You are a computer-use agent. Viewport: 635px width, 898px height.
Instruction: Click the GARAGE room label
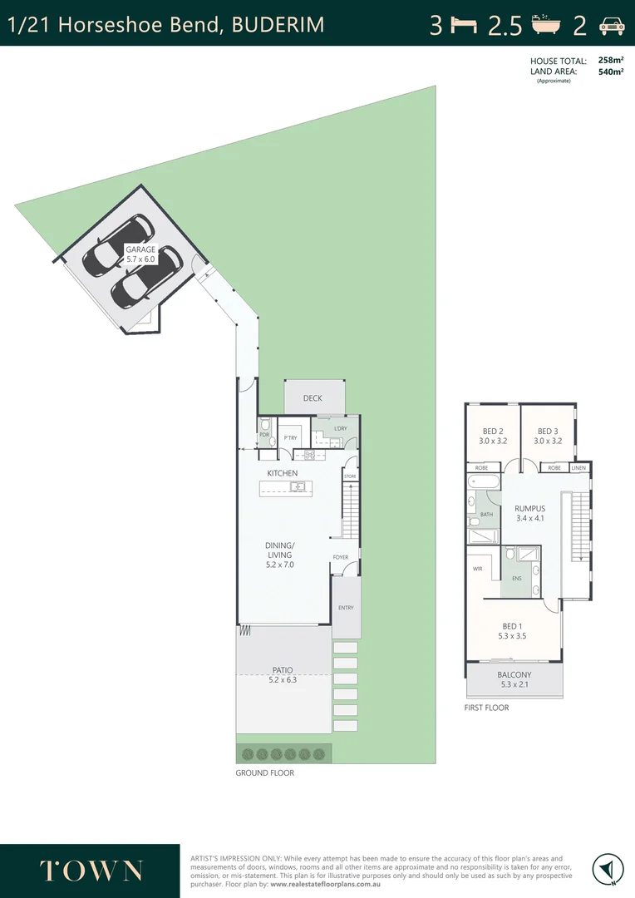(x=140, y=249)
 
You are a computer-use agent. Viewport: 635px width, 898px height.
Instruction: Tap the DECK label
(x=313, y=398)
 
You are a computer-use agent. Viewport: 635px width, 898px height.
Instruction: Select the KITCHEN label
(x=282, y=473)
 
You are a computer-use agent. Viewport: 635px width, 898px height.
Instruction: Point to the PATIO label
(x=283, y=670)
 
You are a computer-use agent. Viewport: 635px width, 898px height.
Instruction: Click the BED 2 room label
(x=493, y=432)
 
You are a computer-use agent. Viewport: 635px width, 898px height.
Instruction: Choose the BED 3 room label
(x=547, y=432)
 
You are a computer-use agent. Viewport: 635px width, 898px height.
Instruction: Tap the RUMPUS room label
(x=529, y=509)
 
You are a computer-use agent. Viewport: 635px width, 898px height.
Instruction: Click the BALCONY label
(x=514, y=675)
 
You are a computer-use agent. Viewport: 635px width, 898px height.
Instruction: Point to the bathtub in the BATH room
(x=482, y=483)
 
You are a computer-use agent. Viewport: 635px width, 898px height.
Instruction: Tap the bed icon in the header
(x=464, y=25)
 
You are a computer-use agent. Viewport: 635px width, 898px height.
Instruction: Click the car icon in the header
(x=612, y=25)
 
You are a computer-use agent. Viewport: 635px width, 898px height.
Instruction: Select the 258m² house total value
(x=611, y=61)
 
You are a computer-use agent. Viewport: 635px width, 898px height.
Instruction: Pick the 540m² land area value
(x=611, y=72)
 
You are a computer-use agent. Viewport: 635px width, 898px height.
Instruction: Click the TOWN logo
(x=91, y=871)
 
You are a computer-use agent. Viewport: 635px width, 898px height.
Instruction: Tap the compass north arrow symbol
(x=608, y=870)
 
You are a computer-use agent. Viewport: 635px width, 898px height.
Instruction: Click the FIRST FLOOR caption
(x=486, y=708)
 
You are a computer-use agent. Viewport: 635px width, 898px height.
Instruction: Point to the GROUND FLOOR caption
(x=264, y=772)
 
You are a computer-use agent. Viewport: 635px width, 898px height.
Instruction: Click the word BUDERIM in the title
(x=278, y=25)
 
